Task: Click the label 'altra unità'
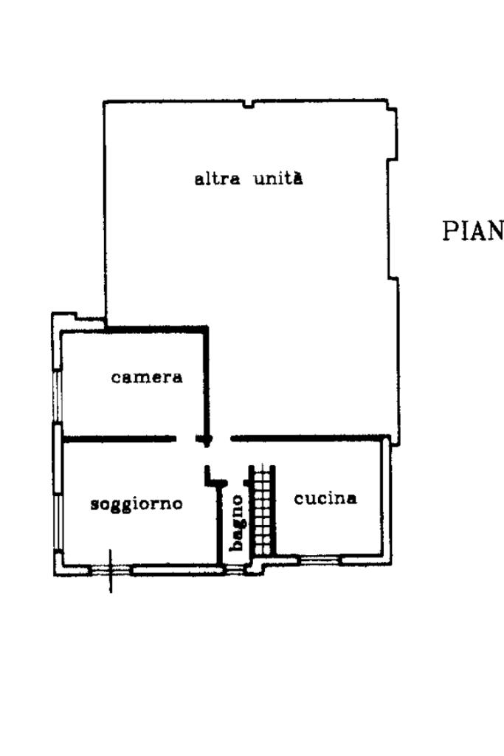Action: [x=248, y=179]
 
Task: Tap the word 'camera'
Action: [x=147, y=377]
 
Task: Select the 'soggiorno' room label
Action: [x=137, y=505]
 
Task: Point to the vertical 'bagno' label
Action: [x=236, y=522]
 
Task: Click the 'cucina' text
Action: [x=325, y=498]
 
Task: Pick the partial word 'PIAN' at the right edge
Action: [x=472, y=231]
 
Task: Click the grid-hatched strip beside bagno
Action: [x=262, y=510]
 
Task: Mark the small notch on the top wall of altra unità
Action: [x=249, y=105]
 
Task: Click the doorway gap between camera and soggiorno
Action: [x=187, y=439]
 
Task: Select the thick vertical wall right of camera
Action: [x=207, y=380]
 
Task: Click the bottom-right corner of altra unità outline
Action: [x=398, y=444]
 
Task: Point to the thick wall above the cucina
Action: [x=310, y=439]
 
